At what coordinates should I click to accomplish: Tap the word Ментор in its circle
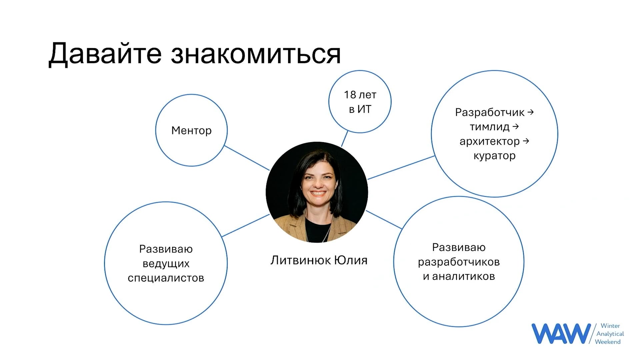click(191, 130)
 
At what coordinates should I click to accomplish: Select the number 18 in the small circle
click(350, 95)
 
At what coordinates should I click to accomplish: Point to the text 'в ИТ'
click(360, 109)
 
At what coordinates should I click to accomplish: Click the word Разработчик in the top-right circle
click(490, 112)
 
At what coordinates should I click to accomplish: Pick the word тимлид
click(490, 127)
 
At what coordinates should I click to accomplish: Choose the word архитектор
click(490, 141)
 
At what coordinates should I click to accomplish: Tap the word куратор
click(495, 156)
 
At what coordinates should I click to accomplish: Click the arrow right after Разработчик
click(531, 112)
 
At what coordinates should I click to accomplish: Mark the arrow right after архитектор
click(526, 141)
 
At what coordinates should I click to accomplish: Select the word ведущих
click(166, 264)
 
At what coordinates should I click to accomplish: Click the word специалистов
click(166, 278)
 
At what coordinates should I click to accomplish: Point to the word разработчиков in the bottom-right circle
click(459, 262)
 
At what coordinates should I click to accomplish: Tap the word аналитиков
click(463, 276)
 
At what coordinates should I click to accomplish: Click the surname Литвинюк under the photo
click(300, 260)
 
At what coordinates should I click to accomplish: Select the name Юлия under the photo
click(351, 260)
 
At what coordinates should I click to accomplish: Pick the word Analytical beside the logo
click(610, 334)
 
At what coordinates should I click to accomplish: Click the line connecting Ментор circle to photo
click(247, 158)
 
